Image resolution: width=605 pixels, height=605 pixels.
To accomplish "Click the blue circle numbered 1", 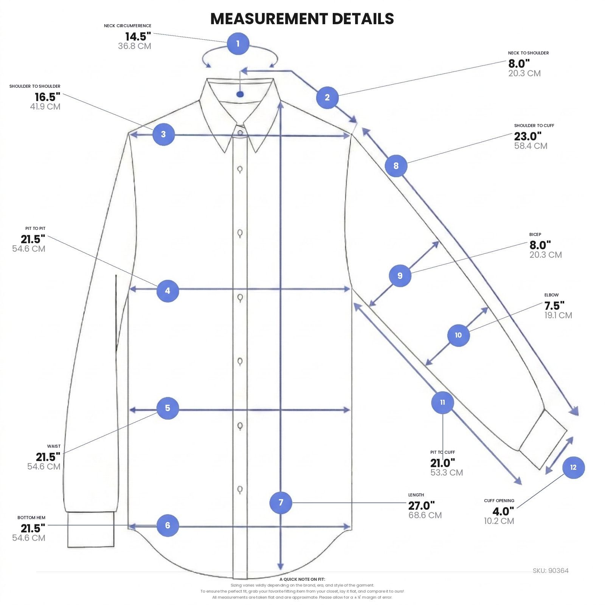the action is (x=238, y=43).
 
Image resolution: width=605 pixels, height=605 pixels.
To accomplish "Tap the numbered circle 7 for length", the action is (x=281, y=503).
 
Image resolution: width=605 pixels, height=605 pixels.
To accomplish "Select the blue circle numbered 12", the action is (x=573, y=467).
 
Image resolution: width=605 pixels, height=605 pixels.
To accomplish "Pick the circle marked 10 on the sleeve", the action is (x=458, y=335).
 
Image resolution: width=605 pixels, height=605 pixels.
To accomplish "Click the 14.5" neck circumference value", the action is (x=138, y=37).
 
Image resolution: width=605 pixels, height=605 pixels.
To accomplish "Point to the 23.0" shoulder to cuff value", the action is (x=528, y=136).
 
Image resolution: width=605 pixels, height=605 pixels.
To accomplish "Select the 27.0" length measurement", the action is (x=422, y=506).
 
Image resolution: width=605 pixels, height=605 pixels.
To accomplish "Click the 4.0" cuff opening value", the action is (x=503, y=512).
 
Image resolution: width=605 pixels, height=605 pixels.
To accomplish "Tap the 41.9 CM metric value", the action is (x=45, y=107).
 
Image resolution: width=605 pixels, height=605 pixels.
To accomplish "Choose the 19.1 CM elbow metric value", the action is (x=558, y=315).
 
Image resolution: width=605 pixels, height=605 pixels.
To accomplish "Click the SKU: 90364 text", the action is (x=551, y=571).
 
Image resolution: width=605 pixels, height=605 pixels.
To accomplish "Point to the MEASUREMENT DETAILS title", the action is (x=302, y=19).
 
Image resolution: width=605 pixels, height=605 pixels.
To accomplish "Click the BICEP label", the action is (x=535, y=234).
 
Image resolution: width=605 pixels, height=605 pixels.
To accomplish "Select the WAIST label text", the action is (x=54, y=446).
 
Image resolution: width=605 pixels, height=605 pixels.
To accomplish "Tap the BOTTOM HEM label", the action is (x=31, y=518).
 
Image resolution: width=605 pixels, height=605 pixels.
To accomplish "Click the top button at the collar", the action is (x=240, y=133).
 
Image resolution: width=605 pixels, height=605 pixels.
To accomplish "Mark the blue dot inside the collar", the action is (x=240, y=94).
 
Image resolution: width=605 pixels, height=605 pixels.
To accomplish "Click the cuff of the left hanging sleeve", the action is (x=91, y=529).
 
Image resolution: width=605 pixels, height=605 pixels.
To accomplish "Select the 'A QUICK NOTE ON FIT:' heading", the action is (x=302, y=579).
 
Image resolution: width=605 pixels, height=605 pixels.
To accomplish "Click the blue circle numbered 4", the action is (x=168, y=291).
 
